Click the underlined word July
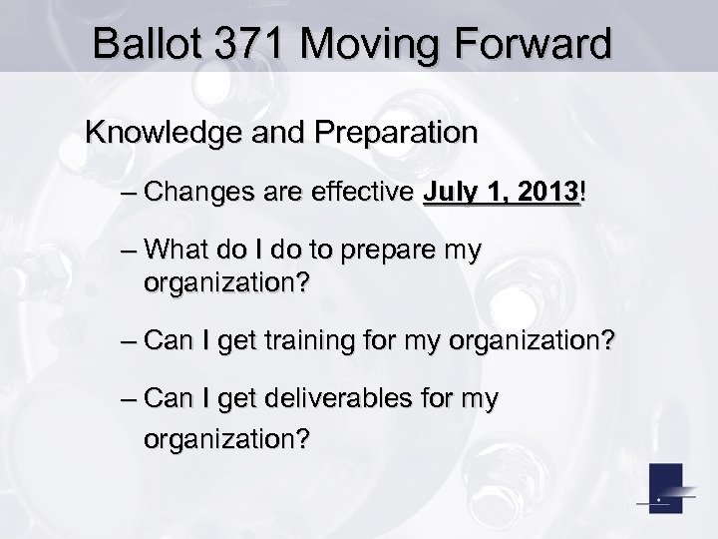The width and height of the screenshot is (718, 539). point(450,191)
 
